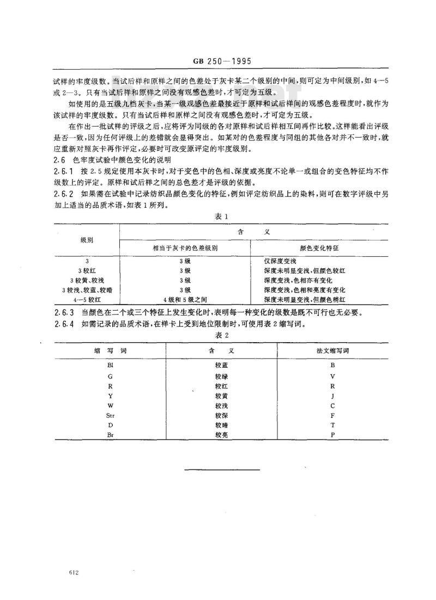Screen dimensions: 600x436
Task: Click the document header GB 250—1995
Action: [x=218, y=61]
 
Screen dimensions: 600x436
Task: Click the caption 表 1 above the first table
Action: [x=219, y=217]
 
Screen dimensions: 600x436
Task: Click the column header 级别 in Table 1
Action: [x=87, y=239]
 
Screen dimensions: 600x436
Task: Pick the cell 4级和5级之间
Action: [x=184, y=299]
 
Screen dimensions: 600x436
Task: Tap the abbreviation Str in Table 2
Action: [x=110, y=416]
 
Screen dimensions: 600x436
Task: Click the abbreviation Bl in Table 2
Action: [x=110, y=366]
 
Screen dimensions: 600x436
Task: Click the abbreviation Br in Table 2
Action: [x=110, y=435]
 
